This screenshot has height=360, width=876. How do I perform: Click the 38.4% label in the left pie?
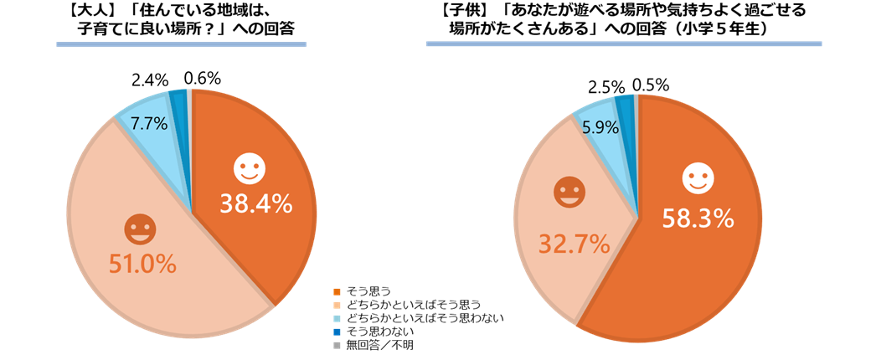click(255, 203)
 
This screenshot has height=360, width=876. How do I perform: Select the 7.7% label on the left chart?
click(149, 123)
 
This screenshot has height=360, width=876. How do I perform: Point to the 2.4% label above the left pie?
click(151, 80)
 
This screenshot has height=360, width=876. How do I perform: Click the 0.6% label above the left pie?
click(202, 79)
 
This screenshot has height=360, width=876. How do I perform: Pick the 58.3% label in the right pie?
click(698, 219)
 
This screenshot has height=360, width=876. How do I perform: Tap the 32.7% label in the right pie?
click(573, 244)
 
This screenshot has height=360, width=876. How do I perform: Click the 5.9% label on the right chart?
click(600, 128)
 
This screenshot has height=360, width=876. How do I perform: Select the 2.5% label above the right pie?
click(607, 86)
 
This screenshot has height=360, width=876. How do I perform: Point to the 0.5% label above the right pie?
click(650, 85)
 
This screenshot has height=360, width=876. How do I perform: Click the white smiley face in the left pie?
click(249, 168)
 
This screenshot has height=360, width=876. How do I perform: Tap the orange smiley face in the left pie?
click(138, 229)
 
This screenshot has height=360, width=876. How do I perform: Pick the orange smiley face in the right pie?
click(569, 193)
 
